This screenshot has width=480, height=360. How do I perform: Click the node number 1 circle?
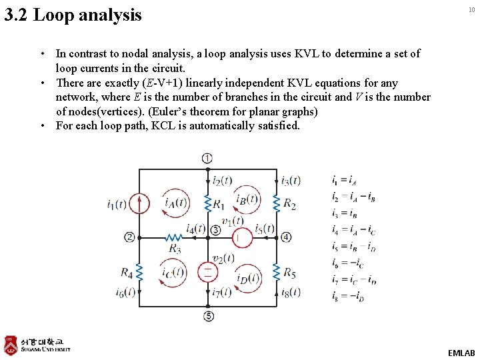[x=207, y=158]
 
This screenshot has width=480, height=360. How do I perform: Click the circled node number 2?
[x=129, y=237]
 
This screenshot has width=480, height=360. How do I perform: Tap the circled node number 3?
[x=215, y=230]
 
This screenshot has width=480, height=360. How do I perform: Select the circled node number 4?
[x=286, y=237]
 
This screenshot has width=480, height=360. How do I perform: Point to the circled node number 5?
[x=209, y=316]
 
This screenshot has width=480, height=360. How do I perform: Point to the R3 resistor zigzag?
[x=174, y=237]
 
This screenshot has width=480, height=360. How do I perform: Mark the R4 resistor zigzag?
[x=139, y=272]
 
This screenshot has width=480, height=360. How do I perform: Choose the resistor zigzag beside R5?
[x=276, y=272]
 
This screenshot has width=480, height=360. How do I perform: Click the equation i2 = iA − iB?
[x=353, y=197]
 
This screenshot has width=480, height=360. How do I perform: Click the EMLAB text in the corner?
[x=461, y=352]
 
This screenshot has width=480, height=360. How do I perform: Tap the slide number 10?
[x=471, y=9]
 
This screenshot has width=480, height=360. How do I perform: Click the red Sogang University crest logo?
[x=11, y=345]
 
